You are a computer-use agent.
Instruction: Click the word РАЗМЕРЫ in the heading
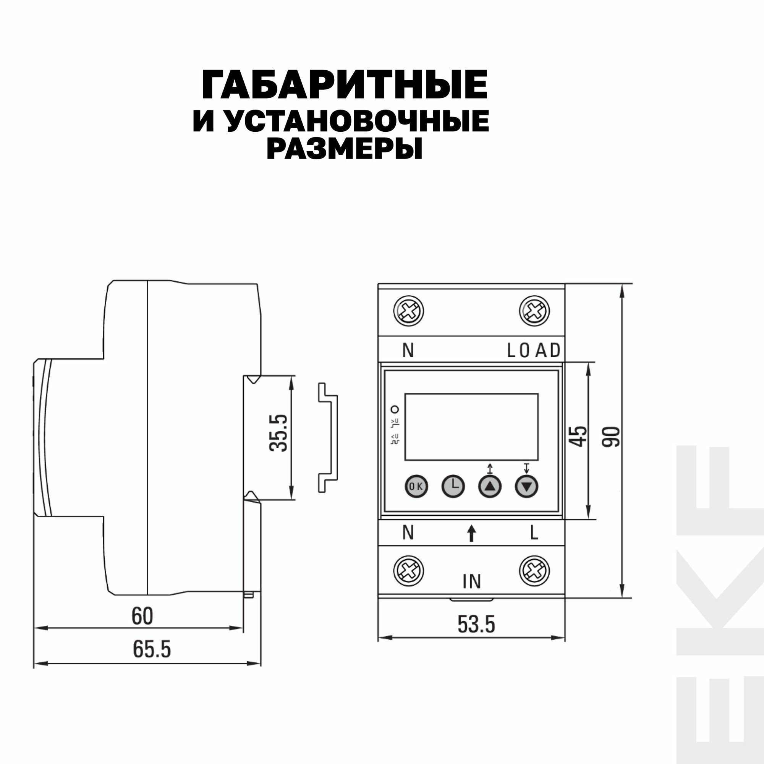pyautogui.click(x=345, y=149)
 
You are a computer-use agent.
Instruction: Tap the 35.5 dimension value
pyautogui.click(x=278, y=433)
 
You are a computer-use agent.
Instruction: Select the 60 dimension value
pyautogui.click(x=142, y=616)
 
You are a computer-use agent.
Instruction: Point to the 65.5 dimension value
pyautogui.click(x=152, y=649)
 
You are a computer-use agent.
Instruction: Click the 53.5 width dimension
pyautogui.click(x=476, y=625)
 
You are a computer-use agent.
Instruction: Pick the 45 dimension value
pyautogui.click(x=580, y=436)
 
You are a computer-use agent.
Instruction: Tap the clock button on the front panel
pyautogui.click(x=453, y=486)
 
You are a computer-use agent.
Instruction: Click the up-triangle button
pyautogui.click(x=490, y=486)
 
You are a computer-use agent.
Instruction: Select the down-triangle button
pyautogui.click(x=527, y=486)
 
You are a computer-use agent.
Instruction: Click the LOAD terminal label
pyautogui.click(x=534, y=350)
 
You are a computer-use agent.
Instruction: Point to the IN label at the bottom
pyautogui.click(x=472, y=582)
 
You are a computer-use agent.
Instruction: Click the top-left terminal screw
pyautogui.click(x=408, y=311)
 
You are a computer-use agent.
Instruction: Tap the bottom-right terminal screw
pyautogui.click(x=534, y=571)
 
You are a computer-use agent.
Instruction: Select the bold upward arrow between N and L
pyautogui.click(x=471, y=533)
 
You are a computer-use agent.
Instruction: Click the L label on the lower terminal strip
pyautogui.click(x=534, y=533)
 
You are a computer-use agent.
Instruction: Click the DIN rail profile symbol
pyautogui.click(x=328, y=438)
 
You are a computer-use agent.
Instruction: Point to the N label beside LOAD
pyautogui.click(x=408, y=350)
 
